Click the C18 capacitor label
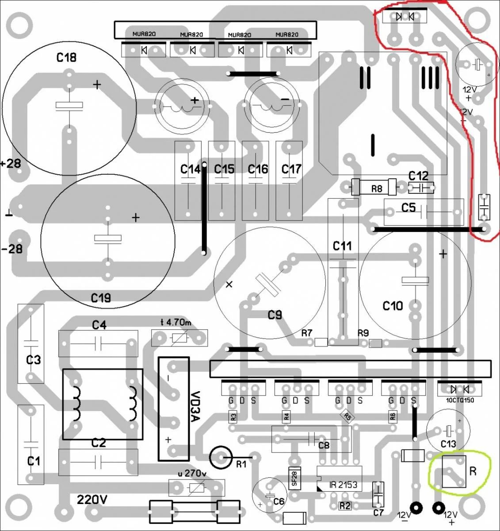(66, 57)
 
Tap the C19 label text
(101, 298)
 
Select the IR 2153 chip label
(343, 485)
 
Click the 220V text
(92, 500)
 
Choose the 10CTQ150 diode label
(459, 400)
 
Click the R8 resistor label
(377, 189)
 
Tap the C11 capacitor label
(342, 246)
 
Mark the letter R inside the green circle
(473, 471)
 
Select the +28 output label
(11, 163)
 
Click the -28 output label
(11, 249)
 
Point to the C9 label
(275, 315)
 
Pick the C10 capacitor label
(393, 306)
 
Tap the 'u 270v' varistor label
(192, 473)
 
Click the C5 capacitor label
(408, 207)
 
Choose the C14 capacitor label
(191, 169)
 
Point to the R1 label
(241, 464)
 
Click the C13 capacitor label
(448, 444)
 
